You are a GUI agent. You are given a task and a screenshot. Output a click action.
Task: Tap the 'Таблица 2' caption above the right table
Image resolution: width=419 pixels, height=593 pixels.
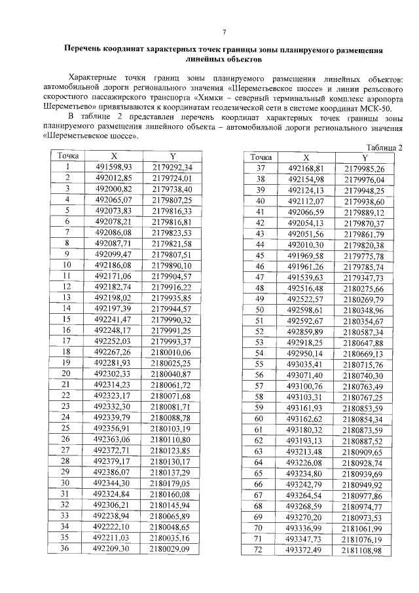tap(385, 147)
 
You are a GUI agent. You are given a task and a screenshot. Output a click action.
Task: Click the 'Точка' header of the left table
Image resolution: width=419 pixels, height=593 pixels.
tap(68, 157)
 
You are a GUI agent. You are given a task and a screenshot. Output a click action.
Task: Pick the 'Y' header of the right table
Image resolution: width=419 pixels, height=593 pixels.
tap(365, 158)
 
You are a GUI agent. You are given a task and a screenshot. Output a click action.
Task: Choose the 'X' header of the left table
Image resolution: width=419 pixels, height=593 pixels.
tap(113, 157)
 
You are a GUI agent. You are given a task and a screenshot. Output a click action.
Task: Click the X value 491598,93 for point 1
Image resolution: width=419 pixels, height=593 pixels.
tap(113, 167)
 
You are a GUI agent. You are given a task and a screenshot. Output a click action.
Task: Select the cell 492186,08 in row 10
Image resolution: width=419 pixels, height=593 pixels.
tap(113, 265)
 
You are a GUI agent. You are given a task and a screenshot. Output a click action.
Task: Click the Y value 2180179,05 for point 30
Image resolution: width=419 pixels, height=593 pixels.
tap(170, 482)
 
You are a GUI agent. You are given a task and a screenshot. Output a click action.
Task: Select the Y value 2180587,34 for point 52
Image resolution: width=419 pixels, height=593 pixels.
tap(363, 332)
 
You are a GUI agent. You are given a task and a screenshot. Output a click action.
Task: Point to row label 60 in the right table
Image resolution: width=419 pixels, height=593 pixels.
tap(259, 418)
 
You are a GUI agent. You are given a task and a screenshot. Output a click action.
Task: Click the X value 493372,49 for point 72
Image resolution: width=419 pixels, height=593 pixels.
tap(304, 548)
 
